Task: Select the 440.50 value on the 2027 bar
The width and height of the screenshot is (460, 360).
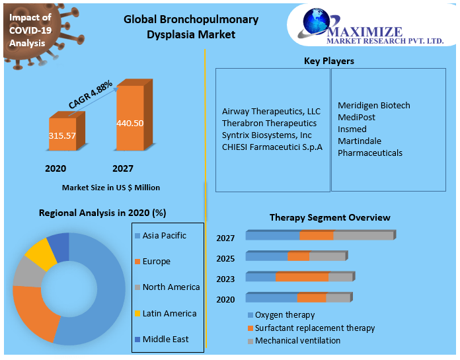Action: tap(130, 123)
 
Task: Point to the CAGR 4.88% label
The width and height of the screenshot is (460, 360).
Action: tap(91, 94)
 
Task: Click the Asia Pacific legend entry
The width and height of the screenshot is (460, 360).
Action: tap(161, 236)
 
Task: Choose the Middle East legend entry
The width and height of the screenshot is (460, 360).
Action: tap(162, 340)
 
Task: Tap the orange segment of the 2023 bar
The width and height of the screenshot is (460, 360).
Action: tap(302, 277)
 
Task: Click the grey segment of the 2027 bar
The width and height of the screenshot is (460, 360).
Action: tap(364, 235)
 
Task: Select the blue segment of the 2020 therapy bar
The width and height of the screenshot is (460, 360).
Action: tap(272, 297)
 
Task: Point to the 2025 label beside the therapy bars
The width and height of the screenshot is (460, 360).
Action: tap(225, 258)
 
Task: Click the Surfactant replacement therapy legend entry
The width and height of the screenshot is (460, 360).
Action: tap(311, 328)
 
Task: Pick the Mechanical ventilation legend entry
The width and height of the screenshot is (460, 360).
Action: tap(294, 341)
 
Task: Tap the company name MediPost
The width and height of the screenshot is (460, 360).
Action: tap(356, 118)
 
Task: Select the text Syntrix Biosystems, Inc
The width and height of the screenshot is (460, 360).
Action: tap(266, 135)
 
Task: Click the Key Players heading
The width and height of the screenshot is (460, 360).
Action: tap(329, 61)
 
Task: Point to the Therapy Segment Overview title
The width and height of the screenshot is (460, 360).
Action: tap(330, 217)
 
